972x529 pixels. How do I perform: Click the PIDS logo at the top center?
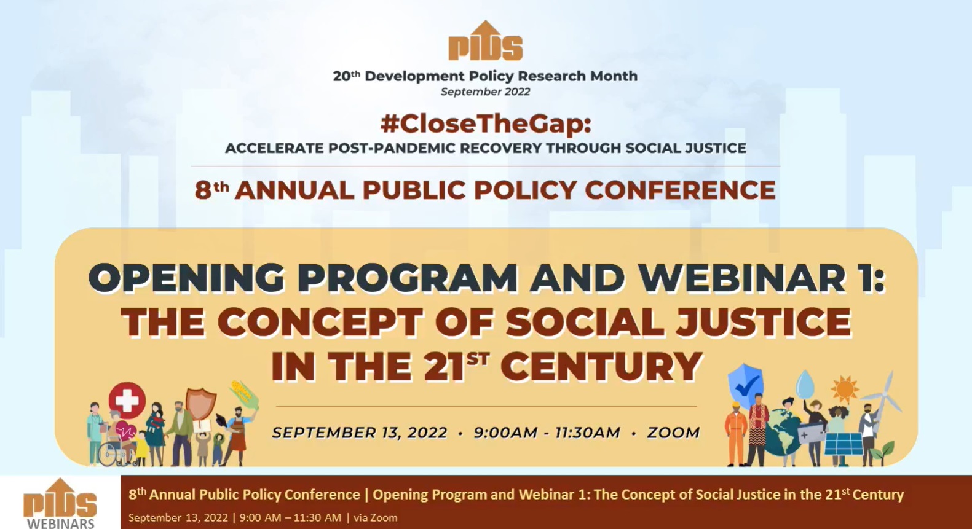(486, 41)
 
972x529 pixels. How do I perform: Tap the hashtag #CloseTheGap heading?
(486, 124)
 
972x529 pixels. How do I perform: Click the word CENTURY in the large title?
(601, 367)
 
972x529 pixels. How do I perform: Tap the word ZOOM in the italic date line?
(673, 433)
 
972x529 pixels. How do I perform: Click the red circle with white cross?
(127, 400)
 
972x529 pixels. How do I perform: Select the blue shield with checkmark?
(745, 385)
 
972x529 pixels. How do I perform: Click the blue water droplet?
(805, 384)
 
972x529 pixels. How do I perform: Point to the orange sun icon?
(844, 390)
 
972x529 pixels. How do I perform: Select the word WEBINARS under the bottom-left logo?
(61, 523)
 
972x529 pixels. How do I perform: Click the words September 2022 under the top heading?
(486, 92)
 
